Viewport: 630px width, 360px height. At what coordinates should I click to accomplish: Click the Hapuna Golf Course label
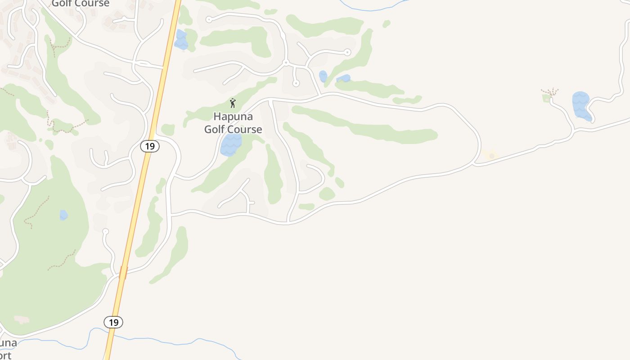click(x=233, y=123)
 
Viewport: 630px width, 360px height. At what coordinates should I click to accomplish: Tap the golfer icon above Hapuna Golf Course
click(x=233, y=103)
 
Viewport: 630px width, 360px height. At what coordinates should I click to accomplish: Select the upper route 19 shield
click(x=149, y=146)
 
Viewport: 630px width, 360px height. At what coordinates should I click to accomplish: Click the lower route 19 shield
click(x=113, y=322)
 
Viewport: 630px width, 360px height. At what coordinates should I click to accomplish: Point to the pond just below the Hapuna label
click(x=231, y=144)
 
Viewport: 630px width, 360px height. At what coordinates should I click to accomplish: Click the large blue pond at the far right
click(x=581, y=105)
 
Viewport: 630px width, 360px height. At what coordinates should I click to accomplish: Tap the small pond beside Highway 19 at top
click(x=181, y=40)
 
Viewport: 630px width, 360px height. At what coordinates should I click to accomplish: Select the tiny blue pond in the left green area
click(x=63, y=215)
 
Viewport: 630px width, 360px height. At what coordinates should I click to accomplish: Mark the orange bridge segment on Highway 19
click(x=123, y=273)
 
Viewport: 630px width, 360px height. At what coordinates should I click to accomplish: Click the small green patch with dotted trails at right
click(x=548, y=97)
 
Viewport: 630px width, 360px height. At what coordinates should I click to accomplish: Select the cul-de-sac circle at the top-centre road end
click(x=209, y=19)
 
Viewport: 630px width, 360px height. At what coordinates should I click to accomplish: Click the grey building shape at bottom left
click(x=21, y=320)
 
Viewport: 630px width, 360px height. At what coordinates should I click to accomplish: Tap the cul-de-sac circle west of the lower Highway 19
click(x=105, y=231)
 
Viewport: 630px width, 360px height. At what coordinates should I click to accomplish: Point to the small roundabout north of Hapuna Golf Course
click(x=285, y=63)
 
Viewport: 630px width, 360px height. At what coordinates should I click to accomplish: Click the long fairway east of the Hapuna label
click(x=364, y=126)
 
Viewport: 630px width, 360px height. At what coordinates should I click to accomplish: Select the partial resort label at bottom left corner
click(x=8, y=349)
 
